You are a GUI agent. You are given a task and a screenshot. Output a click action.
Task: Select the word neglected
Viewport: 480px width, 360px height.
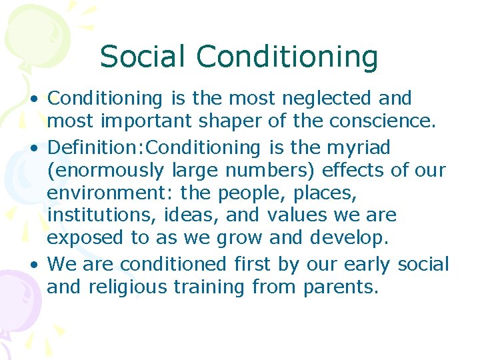coord(331,99)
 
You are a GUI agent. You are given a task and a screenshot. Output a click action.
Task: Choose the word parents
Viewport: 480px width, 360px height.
coord(340,288)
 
